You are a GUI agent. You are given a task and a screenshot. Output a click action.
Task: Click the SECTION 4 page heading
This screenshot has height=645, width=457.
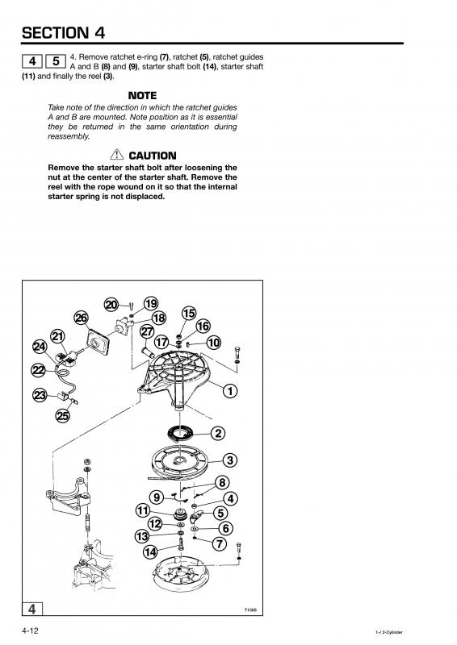click(64, 32)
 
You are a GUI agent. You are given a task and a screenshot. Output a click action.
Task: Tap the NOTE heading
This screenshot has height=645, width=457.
click(143, 95)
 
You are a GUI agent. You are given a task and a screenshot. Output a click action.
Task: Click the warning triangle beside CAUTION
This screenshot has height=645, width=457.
click(116, 155)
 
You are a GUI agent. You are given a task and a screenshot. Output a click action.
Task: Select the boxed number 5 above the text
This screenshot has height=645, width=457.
click(56, 61)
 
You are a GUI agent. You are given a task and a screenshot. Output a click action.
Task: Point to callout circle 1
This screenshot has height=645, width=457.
click(230, 391)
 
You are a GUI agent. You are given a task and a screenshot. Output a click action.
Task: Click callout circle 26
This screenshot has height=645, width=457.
click(82, 318)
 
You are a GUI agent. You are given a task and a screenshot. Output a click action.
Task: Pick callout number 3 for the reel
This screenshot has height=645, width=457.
click(230, 460)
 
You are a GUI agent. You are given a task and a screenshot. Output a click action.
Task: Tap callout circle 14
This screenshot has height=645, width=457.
click(150, 551)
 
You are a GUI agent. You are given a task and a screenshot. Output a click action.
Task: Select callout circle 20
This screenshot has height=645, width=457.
click(111, 305)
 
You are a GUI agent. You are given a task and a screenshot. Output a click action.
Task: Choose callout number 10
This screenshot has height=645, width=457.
click(213, 342)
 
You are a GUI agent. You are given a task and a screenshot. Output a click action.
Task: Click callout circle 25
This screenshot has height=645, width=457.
click(63, 416)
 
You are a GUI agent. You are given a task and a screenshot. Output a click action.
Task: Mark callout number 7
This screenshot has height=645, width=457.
click(220, 543)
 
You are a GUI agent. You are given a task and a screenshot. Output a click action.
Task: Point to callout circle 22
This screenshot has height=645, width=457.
click(39, 370)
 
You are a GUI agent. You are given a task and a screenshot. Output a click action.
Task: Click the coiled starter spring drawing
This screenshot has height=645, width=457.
click(181, 433)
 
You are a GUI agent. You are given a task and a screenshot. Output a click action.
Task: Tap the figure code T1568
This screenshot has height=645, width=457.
click(250, 610)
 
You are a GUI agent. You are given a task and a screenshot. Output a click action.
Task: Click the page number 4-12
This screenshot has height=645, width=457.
click(30, 630)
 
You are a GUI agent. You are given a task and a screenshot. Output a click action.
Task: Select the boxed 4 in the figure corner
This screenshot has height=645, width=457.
click(32, 609)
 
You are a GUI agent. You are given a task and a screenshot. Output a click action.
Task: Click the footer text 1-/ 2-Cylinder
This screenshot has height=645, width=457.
click(388, 632)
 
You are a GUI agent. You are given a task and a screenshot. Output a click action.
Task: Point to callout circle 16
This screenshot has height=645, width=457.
click(203, 327)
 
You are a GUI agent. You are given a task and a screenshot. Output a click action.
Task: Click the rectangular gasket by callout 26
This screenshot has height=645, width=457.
click(98, 340)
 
